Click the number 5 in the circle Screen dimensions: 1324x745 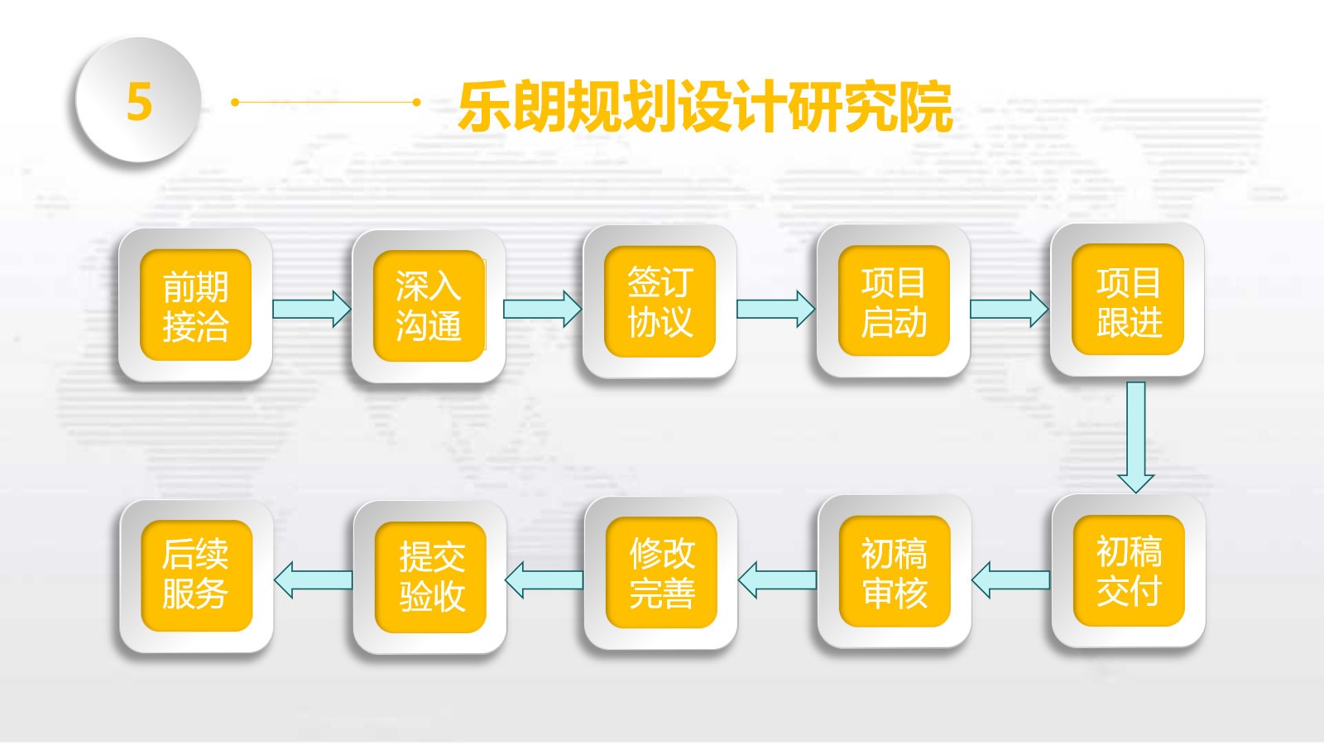click(140, 101)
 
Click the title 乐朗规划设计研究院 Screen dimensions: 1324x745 click(705, 106)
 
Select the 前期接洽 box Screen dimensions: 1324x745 click(195, 305)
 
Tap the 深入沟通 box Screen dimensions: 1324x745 click(429, 305)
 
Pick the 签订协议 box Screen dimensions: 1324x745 click(660, 301)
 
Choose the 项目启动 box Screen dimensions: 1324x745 click(894, 301)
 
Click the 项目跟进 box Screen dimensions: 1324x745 click(1128, 300)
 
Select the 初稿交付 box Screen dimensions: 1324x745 click(1129, 570)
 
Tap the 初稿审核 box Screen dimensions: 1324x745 click(895, 571)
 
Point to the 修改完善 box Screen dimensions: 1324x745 click(661, 572)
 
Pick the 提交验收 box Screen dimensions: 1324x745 click(430, 577)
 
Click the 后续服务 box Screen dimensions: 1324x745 click(197, 576)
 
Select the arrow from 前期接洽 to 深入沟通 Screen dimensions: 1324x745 click(311, 309)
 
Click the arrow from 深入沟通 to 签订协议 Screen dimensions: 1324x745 click(543, 309)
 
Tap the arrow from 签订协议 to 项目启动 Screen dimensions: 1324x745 click(776, 309)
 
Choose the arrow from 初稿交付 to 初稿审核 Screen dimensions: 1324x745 click(1010, 580)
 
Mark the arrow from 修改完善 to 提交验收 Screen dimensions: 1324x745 click(544, 580)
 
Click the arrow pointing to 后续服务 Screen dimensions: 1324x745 click(314, 580)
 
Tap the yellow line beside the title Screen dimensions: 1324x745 click(326, 103)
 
